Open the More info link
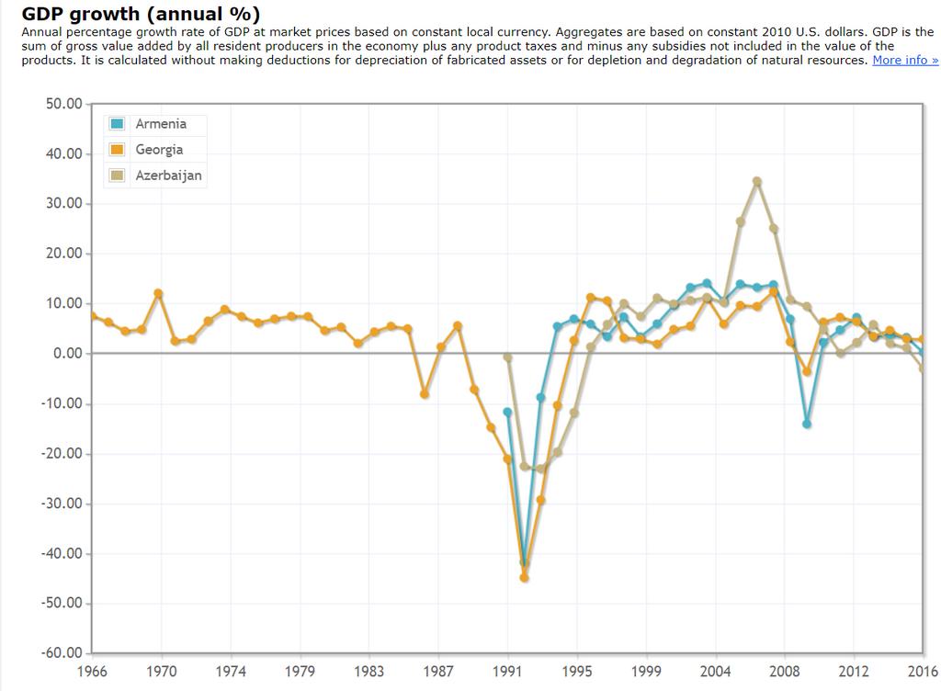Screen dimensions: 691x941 905,61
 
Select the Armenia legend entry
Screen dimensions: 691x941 161,124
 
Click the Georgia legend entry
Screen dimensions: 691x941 159,150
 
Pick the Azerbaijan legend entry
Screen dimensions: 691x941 168,176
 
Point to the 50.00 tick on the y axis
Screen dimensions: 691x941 63,104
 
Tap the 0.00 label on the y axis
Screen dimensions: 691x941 67,354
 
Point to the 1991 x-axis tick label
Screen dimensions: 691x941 507,672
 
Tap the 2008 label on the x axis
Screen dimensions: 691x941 785,672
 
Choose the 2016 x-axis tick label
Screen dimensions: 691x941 923,672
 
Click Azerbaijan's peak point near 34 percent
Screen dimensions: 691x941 757,181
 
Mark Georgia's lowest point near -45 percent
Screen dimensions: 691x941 525,578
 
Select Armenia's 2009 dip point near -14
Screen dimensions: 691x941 807,425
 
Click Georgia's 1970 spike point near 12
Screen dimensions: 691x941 158,293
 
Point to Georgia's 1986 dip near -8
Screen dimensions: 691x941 425,394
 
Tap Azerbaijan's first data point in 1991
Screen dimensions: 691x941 507,357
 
